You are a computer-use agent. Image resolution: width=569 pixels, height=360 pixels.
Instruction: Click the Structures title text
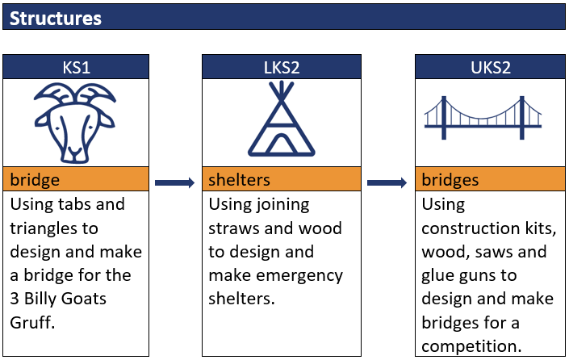55,18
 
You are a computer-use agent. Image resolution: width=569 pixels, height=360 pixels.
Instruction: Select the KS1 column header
76,67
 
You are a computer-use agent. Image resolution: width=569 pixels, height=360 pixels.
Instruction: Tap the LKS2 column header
282,67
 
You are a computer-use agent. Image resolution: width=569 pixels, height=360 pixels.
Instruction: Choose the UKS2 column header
490,67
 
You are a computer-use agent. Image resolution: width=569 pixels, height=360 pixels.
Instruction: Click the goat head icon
75,123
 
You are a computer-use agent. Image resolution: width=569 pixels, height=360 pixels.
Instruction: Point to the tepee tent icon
281,119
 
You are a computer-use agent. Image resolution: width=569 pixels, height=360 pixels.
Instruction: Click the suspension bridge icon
483,118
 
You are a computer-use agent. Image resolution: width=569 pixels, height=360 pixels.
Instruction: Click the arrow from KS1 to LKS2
174,182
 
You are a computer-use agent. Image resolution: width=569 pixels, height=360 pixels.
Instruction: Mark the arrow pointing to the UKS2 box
387,182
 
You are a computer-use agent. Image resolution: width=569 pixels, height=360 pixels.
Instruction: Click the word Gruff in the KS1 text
32,322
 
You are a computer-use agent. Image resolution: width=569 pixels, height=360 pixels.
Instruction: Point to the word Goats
83,299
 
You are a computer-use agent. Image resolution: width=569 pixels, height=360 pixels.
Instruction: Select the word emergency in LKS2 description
299,276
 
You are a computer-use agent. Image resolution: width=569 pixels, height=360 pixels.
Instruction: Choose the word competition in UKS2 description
471,345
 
